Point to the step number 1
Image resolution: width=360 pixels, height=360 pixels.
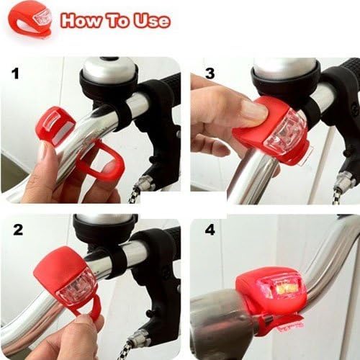point(14,73)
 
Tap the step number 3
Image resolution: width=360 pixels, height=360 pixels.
point(210,73)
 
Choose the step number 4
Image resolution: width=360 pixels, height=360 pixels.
point(210,232)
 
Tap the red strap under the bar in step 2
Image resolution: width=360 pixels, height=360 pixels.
point(86,314)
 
